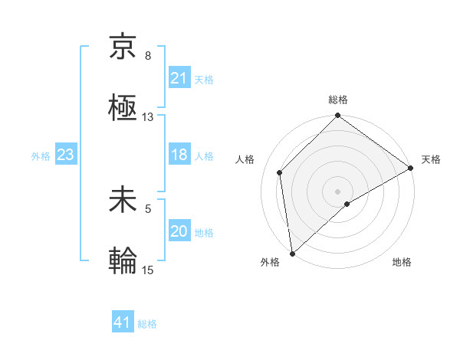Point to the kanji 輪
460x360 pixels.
click(123, 260)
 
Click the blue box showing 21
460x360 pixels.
click(179, 78)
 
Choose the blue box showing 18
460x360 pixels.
click(179, 155)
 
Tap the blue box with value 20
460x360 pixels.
click(179, 232)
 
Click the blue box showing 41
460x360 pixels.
click(123, 322)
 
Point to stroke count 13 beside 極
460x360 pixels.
click(148, 117)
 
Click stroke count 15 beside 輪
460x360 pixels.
click(148, 270)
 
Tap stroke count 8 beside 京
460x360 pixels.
click(148, 56)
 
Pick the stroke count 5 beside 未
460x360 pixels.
click(148, 207)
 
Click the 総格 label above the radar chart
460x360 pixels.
click(338, 100)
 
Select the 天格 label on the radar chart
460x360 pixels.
click(431, 159)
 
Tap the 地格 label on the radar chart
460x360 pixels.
click(402, 263)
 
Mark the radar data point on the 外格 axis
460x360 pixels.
click(292, 254)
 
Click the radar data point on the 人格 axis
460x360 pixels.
click(280, 172)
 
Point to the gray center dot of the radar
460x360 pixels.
click(338, 191)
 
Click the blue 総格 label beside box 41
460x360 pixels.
click(147, 324)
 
